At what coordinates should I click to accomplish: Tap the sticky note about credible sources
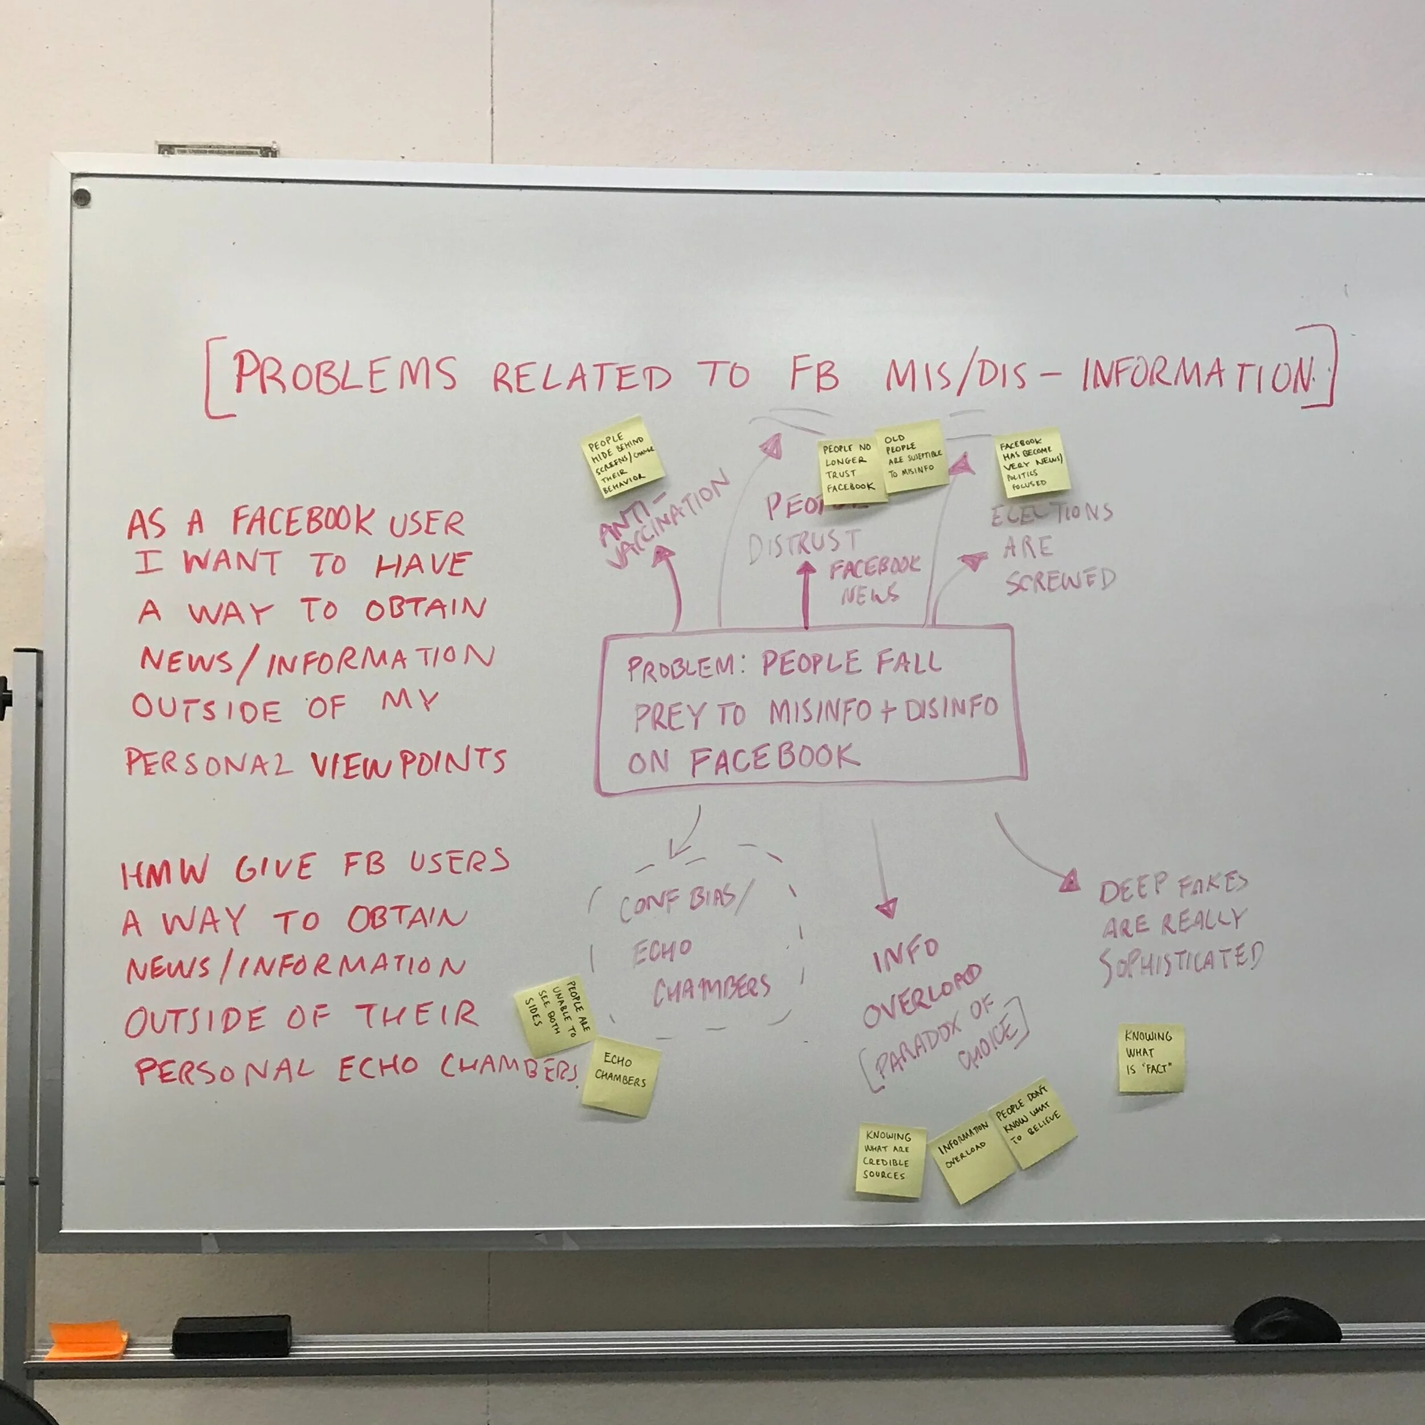pyautogui.click(x=890, y=1160)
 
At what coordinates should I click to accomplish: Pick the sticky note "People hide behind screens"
pyautogui.click(x=621, y=457)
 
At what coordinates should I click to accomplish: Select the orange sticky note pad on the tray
pyautogui.click(x=86, y=1341)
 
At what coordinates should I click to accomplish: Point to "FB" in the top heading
pyautogui.click(x=815, y=374)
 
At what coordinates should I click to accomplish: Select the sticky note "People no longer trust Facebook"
pyautogui.click(x=852, y=471)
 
